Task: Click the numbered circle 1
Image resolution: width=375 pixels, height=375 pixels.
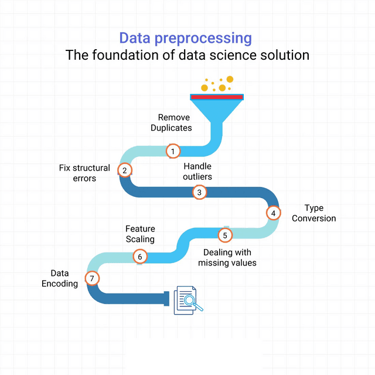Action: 173,151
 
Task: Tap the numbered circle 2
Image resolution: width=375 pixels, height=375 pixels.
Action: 124,170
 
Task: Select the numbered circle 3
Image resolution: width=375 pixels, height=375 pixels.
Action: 199,192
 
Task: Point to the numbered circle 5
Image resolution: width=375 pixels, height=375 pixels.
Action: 225,235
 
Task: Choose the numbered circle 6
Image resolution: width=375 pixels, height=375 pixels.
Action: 139,256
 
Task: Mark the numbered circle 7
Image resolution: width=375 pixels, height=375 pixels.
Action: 91,278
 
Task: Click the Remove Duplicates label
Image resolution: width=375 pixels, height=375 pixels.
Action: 173,122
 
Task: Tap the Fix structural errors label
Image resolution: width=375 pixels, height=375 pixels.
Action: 84,173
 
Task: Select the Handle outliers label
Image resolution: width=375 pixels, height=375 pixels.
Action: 197,171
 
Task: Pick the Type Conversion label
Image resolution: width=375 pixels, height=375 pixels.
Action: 314,213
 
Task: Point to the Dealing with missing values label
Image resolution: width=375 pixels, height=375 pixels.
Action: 230,258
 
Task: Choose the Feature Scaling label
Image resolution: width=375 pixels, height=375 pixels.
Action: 140,234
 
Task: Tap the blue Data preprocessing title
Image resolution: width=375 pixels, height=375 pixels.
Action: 186,38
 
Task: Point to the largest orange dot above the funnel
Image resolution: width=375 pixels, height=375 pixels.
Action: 230,79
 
